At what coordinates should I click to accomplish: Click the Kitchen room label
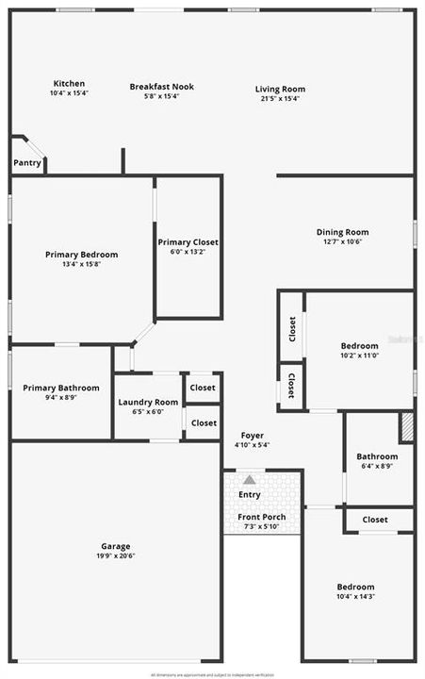click(x=68, y=84)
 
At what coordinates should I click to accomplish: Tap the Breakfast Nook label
click(x=161, y=87)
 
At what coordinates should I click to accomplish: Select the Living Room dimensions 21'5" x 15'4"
click(x=280, y=98)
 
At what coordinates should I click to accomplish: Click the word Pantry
click(x=26, y=163)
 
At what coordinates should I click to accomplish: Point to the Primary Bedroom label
click(x=81, y=255)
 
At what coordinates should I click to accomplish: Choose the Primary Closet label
click(x=188, y=242)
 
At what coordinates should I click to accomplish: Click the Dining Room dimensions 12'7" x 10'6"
click(x=342, y=241)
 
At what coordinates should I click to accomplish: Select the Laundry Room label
click(x=148, y=403)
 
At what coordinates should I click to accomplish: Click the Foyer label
click(x=252, y=435)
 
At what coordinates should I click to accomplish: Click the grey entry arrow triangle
click(x=249, y=480)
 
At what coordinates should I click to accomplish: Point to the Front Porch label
click(x=261, y=517)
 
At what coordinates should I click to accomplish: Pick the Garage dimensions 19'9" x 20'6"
click(x=116, y=556)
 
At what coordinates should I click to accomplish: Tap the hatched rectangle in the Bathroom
click(x=407, y=427)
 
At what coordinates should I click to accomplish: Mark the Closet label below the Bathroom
click(x=375, y=520)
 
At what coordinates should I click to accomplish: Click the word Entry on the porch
click(x=250, y=495)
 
